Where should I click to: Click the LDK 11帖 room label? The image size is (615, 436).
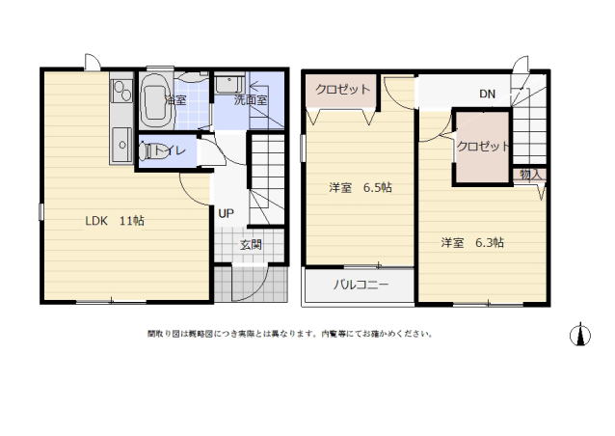coord(115,220)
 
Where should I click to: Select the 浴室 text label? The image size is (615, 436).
coord(175,99)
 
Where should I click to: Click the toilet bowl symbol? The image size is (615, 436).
coord(147,151)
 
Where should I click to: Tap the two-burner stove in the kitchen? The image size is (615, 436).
coord(120,92)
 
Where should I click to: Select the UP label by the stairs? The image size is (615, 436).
coord(226,212)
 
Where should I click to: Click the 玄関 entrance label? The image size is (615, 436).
coord(251,244)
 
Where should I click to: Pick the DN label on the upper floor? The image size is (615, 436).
coord(488,94)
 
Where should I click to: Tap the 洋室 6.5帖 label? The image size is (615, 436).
coord(360,187)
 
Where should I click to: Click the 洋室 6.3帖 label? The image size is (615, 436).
coord(472,242)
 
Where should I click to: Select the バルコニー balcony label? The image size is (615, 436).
coord(361,286)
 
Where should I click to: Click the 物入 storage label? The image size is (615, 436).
coord(530,175)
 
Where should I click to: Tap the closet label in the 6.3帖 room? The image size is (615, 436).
coord(484,147)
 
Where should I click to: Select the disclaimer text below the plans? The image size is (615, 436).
coord(289,334)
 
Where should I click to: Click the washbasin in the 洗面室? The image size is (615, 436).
coord(228,84)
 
